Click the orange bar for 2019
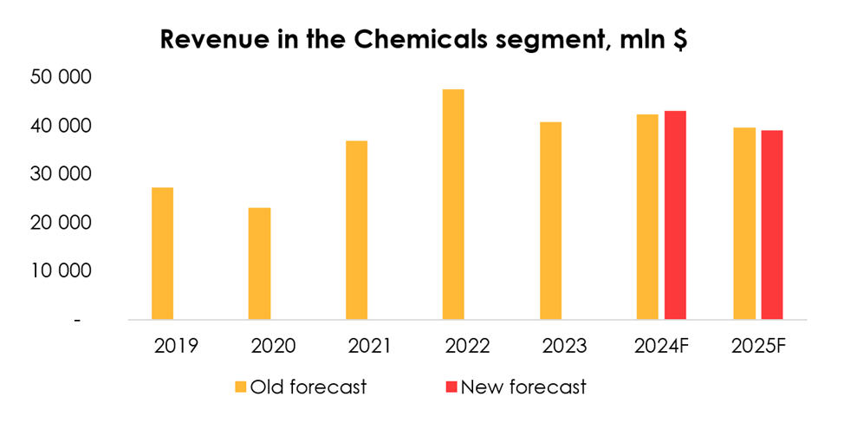pyautogui.click(x=162, y=253)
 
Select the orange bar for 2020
pyautogui.click(x=259, y=264)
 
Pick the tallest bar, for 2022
pyautogui.click(x=453, y=205)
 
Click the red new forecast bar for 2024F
pyautogui.click(x=675, y=215)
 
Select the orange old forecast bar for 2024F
pyautogui.click(x=647, y=217)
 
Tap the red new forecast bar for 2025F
pyautogui.click(x=772, y=225)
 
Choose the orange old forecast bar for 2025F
pyautogui.click(x=744, y=224)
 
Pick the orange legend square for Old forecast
pyautogui.click(x=240, y=387)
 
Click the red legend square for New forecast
pyautogui.click(x=451, y=387)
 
